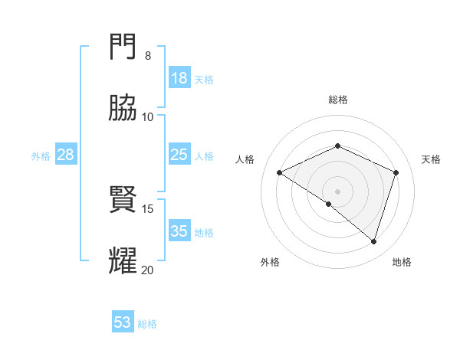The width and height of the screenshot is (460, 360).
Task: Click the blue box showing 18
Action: pos(179,78)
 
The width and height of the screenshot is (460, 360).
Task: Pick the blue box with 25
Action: pos(179,155)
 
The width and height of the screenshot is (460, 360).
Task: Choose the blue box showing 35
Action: pos(179,231)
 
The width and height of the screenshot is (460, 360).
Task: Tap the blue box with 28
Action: pos(66,155)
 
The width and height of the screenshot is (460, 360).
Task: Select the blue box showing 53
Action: pos(123,322)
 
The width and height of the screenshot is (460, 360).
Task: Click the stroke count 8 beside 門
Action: pos(147,56)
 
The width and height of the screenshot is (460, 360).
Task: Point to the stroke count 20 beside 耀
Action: pos(147,270)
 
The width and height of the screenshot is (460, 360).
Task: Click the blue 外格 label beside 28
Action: pos(41,156)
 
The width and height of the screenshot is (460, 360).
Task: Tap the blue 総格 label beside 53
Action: pos(147,324)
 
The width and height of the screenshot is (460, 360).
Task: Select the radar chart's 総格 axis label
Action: pos(338,100)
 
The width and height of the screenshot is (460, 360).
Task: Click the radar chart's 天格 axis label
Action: pos(431,159)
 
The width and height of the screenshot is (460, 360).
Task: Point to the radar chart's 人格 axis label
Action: pos(245,159)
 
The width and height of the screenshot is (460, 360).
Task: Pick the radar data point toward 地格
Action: pos(373,241)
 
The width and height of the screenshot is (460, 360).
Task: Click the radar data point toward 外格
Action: pos(329,204)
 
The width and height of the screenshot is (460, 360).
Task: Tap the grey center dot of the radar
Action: pos(338,191)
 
